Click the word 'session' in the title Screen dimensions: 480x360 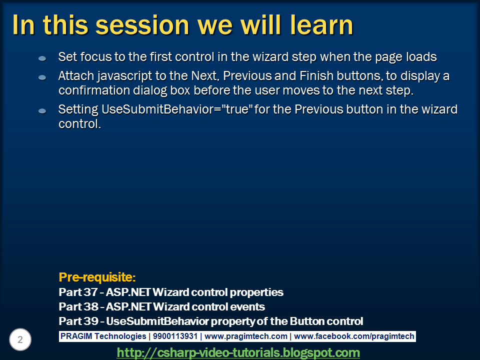click(142, 25)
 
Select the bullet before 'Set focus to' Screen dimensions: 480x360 click(42, 58)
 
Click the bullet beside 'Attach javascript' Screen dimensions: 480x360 click(42, 77)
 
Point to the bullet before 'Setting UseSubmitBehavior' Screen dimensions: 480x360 click(42, 111)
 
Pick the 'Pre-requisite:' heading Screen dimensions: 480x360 click(97, 277)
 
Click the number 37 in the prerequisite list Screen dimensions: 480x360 click(90, 292)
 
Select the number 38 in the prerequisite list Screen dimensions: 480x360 click(90, 306)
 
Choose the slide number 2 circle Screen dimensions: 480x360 click(20, 339)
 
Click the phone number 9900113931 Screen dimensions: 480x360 click(175, 336)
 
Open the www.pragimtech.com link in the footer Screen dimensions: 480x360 click(246, 336)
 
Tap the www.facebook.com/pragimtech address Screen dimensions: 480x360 click(354, 336)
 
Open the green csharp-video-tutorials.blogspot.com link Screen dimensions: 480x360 click(238, 352)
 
